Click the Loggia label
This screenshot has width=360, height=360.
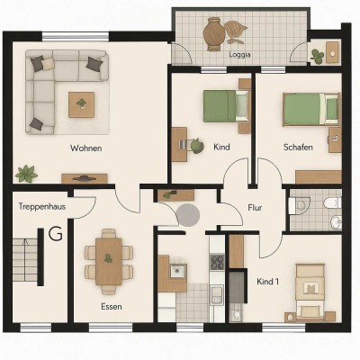coord(239,54)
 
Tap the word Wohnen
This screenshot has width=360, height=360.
coord(85,148)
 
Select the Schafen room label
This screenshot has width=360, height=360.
coord(298,148)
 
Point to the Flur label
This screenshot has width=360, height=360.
coord(255,208)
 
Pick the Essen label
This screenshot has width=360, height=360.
coord(112,306)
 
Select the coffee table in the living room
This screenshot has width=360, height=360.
coord(82,104)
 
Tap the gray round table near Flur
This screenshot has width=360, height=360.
coord(188,215)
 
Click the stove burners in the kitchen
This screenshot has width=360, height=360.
coord(217,263)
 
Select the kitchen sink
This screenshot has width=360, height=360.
coord(176,269)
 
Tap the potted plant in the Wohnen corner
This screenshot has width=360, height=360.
coord(26,173)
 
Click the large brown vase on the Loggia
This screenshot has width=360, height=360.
coord(214,32)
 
